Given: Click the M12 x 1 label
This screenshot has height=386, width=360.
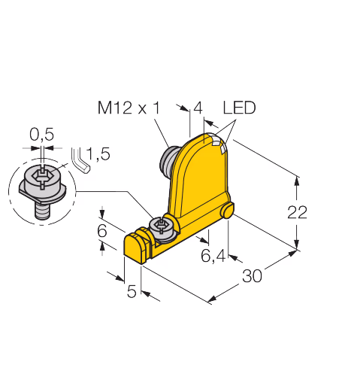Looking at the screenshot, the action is tap(129, 108).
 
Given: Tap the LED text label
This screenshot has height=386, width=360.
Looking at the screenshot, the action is tap(239, 108).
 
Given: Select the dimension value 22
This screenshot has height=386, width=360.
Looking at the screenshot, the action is tap(297, 212).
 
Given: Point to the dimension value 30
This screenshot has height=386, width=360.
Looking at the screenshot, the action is tap(252, 275).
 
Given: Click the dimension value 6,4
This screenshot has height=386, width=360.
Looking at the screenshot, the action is tap(213, 256).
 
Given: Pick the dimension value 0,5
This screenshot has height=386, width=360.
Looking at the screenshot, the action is tap(42, 134).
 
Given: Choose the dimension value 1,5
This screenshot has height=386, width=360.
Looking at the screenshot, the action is tap(98, 153).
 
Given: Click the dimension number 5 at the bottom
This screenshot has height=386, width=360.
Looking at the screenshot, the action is tap(132, 291).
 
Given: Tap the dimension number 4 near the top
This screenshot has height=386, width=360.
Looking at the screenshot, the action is tap(198, 108).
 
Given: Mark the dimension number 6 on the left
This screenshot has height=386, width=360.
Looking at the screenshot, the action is tap(102, 230).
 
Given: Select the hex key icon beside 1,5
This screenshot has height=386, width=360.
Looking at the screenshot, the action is tap(80, 160).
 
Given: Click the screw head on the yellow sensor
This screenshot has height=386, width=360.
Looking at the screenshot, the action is tap(162, 229).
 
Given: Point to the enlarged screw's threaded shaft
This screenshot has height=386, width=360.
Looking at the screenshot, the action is tap(43, 211).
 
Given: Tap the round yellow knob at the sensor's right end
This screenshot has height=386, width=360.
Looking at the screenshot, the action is tap(227, 211).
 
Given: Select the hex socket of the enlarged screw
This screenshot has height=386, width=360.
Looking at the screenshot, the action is tap(43, 174).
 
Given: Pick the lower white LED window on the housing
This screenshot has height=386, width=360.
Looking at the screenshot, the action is tap(223, 150).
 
